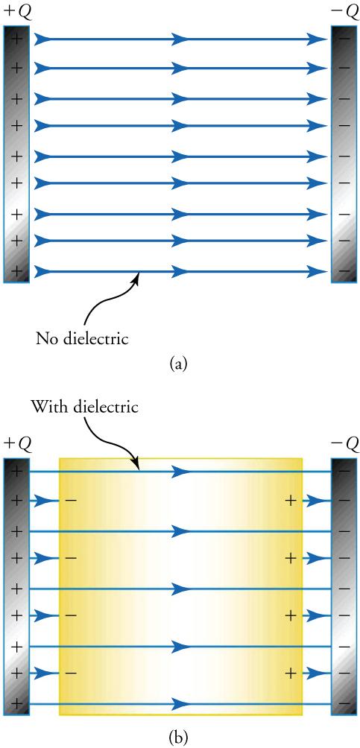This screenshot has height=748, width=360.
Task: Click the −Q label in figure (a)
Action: pos(345,11)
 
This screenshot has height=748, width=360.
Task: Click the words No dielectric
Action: pos(83,340)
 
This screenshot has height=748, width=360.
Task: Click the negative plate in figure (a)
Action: pos(345,154)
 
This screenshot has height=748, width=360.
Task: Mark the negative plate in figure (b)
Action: pos(345,586)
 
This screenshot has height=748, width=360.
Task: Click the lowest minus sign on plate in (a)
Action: pos(345,270)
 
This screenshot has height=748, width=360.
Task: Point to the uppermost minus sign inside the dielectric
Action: pos(69,500)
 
